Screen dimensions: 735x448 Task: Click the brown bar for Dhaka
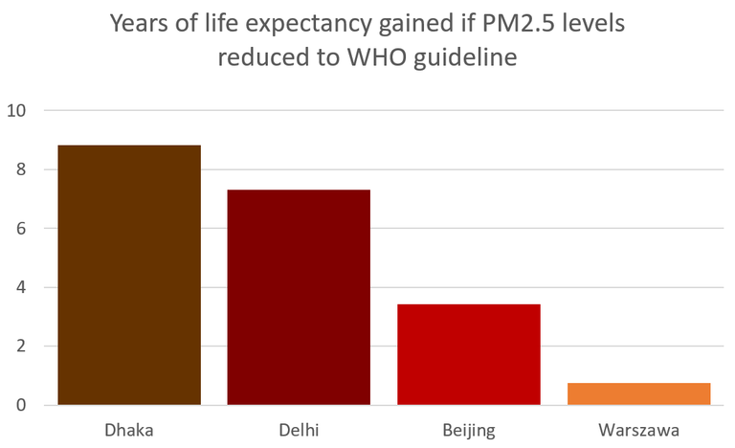pyautogui.click(x=129, y=275)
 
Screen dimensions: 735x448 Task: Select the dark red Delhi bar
pyautogui.click(x=299, y=297)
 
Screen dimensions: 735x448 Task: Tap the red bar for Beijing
pyautogui.click(x=469, y=354)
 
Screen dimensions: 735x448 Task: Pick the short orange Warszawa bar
pyautogui.click(x=639, y=393)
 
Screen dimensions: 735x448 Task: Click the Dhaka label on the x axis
pyautogui.click(x=129, y=430)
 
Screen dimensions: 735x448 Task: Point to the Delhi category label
pyautogui.click(x=299, y=430)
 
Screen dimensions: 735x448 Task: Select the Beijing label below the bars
pyautogui.click(x=469, y=431)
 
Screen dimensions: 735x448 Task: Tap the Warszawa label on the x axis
pyautogui.click(x=639, y=430)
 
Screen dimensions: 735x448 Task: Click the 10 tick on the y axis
pyautogui.click(x=16, y=111)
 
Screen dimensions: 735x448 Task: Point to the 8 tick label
pyautogui.click(x=21, y=169)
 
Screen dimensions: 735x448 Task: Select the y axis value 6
pyautogui.click(x=21, y=229)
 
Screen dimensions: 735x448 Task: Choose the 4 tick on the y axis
pyautogui.click(x=21, y=287)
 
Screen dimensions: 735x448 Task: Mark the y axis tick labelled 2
pyautogui.click(x=21, y=347)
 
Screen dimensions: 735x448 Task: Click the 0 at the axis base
pyautogui.click(x=21, y=405)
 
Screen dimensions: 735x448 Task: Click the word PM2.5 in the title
pyautogui.click(x=517, y=23)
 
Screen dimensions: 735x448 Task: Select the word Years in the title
pyautogui.click(x=140, y=23)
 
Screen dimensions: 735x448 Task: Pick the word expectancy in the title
pyautogui.click(x=308, y=25)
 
